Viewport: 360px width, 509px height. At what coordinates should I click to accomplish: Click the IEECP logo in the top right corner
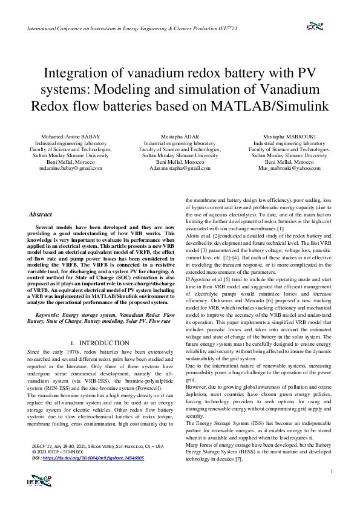click(315, 26)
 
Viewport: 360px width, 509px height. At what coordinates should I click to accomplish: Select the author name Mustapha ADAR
click(180, 137)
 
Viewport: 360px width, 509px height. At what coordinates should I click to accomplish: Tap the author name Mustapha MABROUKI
click(289, 137)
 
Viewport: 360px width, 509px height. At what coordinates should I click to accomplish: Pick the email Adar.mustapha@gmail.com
click(180, 169)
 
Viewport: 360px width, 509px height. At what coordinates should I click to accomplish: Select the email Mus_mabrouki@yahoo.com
click(289, 169)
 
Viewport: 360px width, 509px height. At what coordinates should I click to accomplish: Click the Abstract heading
click(41, 215)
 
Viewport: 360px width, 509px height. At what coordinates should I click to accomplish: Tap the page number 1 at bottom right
click(332, 487)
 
